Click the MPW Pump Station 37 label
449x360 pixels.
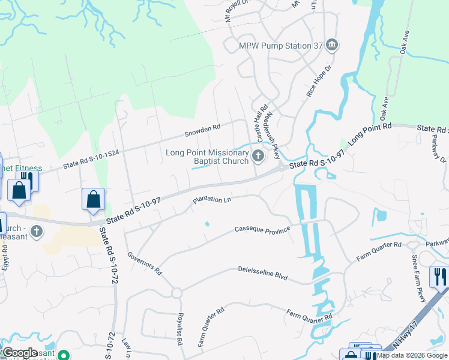click(x=281, y=46)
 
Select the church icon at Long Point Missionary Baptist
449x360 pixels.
click(x=258, y=157)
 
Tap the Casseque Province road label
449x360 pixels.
click(x=262, y=229)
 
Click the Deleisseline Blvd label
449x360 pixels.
click(x=263, y=273)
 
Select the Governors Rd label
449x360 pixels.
click(x=145, y=263)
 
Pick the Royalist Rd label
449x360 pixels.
click(x=179, y=329)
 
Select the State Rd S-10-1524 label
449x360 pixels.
click(x=91, y=159)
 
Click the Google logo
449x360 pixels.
click(x=20, y=352)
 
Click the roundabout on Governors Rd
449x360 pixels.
click(x=176, y=293)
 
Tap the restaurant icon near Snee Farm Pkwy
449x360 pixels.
click(x=439, y=277)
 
